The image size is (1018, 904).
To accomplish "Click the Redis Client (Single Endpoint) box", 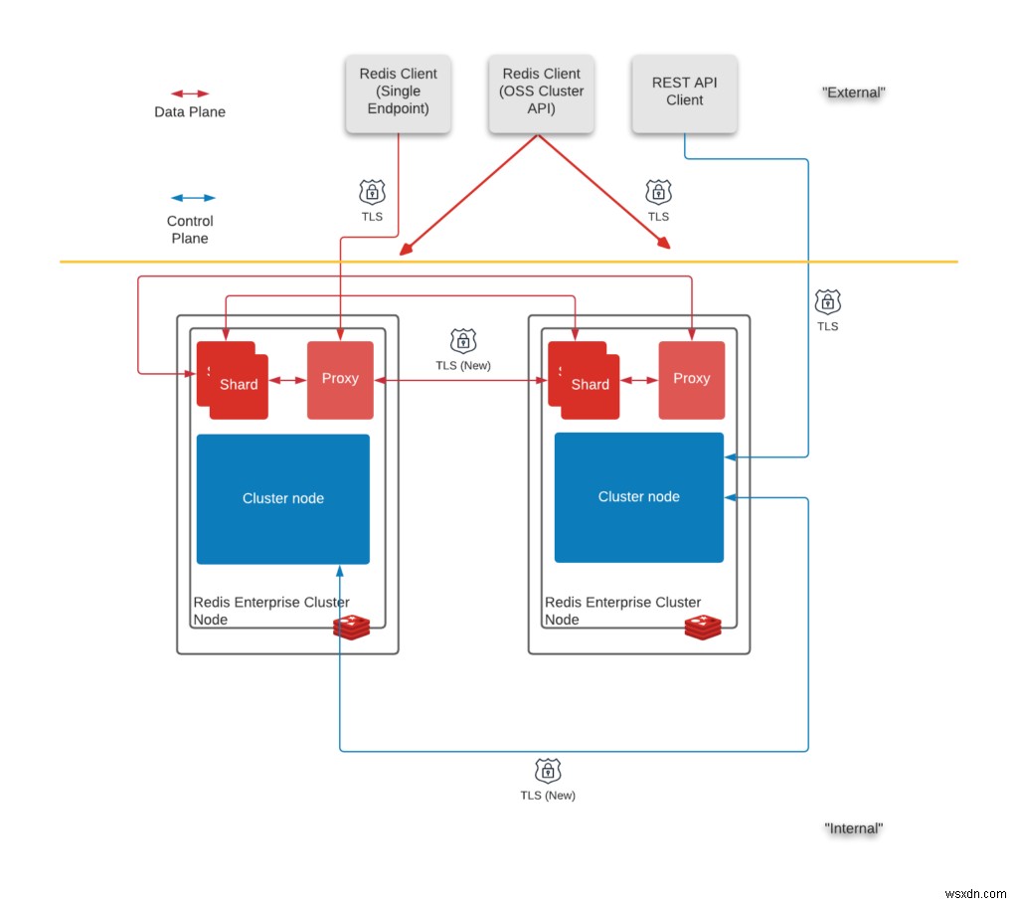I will pos(398,93).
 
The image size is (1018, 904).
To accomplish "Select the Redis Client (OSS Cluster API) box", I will pos(542,93).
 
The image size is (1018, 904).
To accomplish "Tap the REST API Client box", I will pos(684,93).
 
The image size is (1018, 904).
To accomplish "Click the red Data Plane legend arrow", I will pos(190,93).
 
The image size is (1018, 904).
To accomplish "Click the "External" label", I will pos(853,92).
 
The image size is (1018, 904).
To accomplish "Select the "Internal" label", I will pos(853,828).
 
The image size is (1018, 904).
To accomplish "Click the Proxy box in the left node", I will pos(340,379).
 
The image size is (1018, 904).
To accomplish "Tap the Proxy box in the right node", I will pos(691,379).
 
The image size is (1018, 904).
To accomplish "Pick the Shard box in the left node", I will pos(237,386).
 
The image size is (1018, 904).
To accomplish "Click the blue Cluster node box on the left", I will pos(283,498).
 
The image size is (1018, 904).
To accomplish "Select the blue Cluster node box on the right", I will pos(639,496).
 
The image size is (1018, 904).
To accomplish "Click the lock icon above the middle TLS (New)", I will pos(462,341).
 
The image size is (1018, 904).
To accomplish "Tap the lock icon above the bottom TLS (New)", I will pos(547,771).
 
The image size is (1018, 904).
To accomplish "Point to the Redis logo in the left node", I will pos(351,627).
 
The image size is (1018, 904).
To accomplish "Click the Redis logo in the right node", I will pos(703,627).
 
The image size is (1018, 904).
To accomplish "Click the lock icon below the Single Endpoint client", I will pos(372,192).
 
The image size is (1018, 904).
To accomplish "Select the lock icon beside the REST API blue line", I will pos(827,301).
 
